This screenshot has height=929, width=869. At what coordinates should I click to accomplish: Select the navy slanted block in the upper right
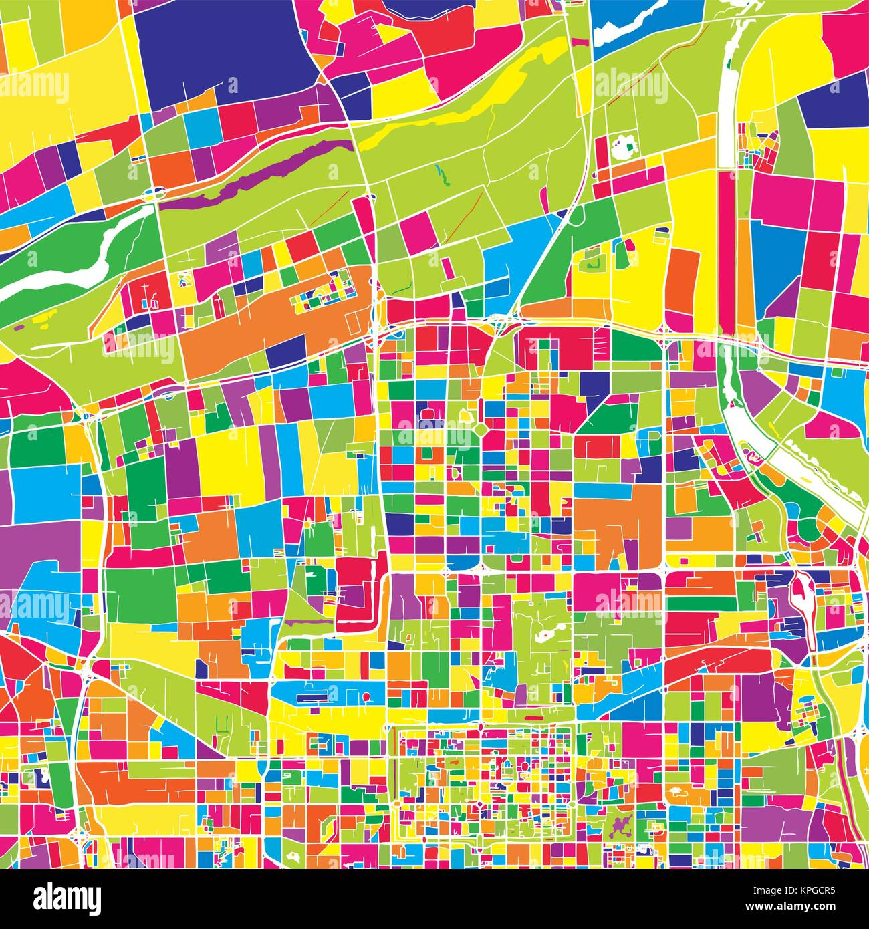tap(829, 100)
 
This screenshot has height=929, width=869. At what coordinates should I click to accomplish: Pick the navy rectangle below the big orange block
tap(285, 351)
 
